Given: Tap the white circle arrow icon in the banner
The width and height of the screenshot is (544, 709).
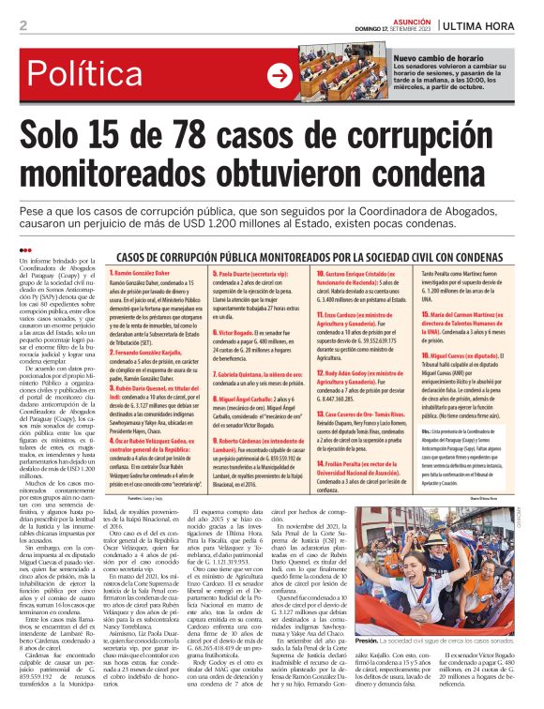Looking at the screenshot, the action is [x=280, y=75].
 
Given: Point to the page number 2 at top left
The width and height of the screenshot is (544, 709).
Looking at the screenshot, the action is [x=23, y=25].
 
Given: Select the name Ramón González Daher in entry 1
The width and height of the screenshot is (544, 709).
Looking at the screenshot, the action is [x=147, y=270].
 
